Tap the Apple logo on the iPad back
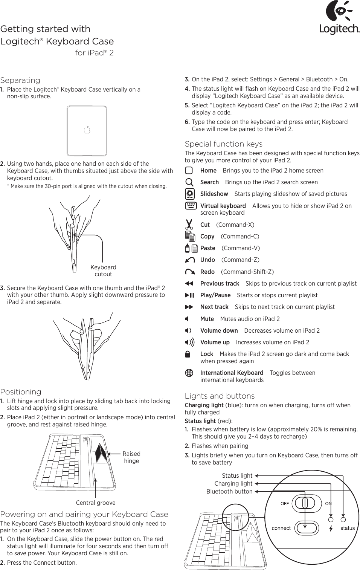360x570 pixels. pyautogui.click(x=87, y=130)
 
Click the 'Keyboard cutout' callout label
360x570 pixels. pyautogui.click(x=103, y=270)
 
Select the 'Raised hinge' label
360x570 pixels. pyautogui.click(x=131, y=457)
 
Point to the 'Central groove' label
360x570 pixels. pyautogui.click(x=96, y=503)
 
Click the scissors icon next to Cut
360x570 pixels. pyautogui.click(x=189, y=225)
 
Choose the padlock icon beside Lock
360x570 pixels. pyautogui.click(x=188, y=354)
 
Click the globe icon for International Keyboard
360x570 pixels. pyautogui.click(x=189, y=373)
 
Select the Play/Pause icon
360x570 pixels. pyautogui.click(x=189, y=295)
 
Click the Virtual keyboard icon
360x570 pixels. pyautogui.click(x=191, y=206)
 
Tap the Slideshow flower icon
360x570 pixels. pyautogui.click(x=190, y=194)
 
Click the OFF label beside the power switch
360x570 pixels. pyautogui.click(x=285, y=504)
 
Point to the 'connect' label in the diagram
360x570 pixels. pyautogui.click(x=281, y=528)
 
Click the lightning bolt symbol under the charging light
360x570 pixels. pyautogui.click(x=331, y=529)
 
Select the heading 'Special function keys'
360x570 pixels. pyautogui.click(x=223, y=144)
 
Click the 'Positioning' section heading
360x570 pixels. pyautogui.click(x=21, y=392)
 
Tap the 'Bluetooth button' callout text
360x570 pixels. pyautogui.click(x=229, y=491)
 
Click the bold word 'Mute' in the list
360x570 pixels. pyautogui.click(x=207, y=319)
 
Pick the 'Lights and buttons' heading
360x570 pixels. pyautogui.click(x=220, y=396)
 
